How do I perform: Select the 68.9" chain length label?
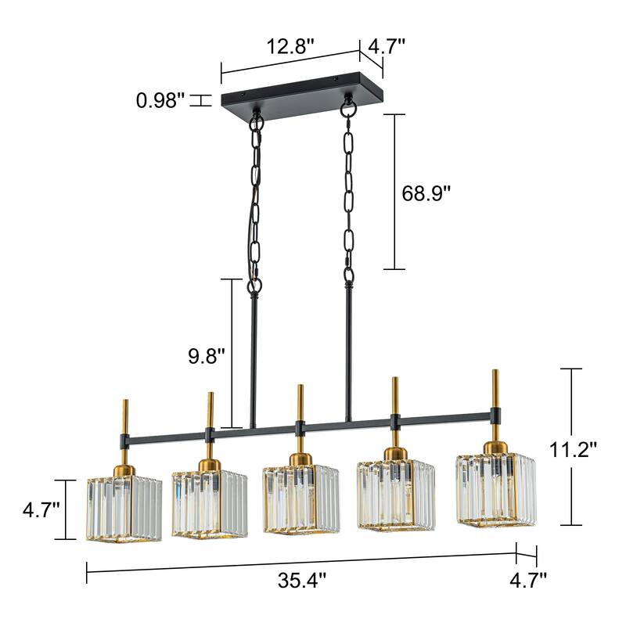point(427,193)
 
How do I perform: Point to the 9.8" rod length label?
point(206,356)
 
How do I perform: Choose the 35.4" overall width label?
point(301,580)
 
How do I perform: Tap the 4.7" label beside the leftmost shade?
point(41,511)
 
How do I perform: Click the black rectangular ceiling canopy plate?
point(301,95)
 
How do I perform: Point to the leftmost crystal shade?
point(124,508)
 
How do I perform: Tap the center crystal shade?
point(300,498)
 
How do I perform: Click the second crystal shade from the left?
point(210,503)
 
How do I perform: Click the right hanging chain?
point(348,196)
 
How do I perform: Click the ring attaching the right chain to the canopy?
point(347,106)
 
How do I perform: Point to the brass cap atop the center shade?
point(300,459)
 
